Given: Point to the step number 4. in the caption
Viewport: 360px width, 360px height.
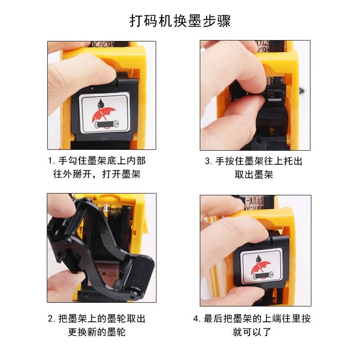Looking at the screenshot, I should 197,319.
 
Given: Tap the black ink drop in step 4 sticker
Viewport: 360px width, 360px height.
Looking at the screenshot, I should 259,257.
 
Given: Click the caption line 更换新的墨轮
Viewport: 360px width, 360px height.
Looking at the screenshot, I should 97,333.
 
